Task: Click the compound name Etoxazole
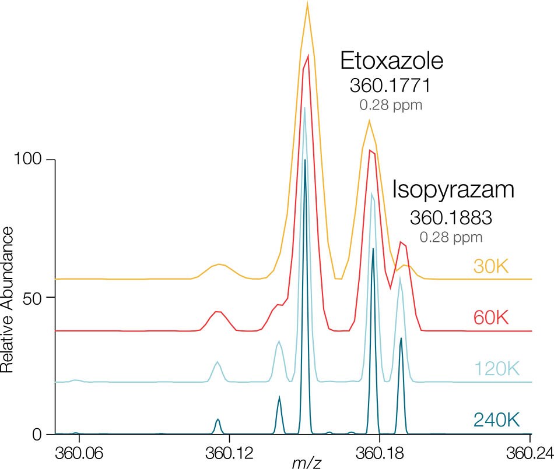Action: click(x=392, y=61)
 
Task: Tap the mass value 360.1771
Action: click(x=390, y=86)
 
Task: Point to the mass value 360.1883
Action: click(x=451, y=218)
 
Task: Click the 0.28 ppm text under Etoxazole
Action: click(x=391, y=106)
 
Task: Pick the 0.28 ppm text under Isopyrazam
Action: click(x=451, y=237)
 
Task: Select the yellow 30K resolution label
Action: click(x=492, y=267)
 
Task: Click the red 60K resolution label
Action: click(x=491, y=318)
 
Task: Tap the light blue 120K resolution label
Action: click(x=496, y=369)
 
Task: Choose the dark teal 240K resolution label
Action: click(x=496, y=419)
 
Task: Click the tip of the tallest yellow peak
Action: click(x=307, y=2)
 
